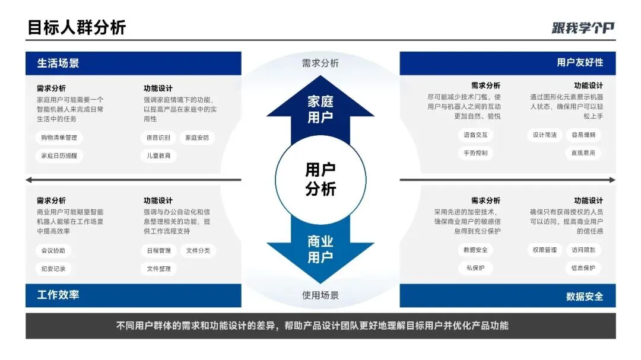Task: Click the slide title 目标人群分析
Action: point(77,27)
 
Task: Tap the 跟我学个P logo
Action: point(583,27)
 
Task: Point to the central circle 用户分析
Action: point(320,180)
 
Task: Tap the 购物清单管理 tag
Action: point(59,138)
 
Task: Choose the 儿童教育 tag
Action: point(159,155)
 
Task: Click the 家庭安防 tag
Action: point(197,138)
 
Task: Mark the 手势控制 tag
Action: point(475,153)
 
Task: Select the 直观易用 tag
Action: point(583,153)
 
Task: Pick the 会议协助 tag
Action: point(53,250)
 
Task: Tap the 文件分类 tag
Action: point(198,250)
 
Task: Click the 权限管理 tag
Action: point(544,250)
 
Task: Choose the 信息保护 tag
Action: point(583,268)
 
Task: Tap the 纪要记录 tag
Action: point(53,268)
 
